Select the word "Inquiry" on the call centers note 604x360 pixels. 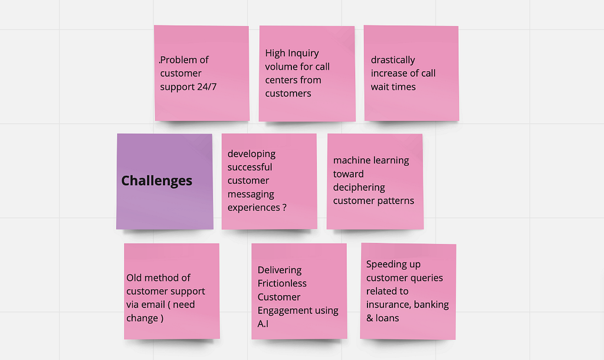[x=303, y=53]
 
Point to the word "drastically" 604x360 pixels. [x=393, y=60]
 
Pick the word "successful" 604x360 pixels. [x=250, y=167]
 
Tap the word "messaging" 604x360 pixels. [x=251, y=194]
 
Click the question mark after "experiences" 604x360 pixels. [x=285, y=207]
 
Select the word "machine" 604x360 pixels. [x=352, y=161]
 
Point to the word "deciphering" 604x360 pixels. [x=359, y=188]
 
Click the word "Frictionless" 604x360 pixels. [x=282, y=283]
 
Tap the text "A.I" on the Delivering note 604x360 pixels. [x=264, y=324]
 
